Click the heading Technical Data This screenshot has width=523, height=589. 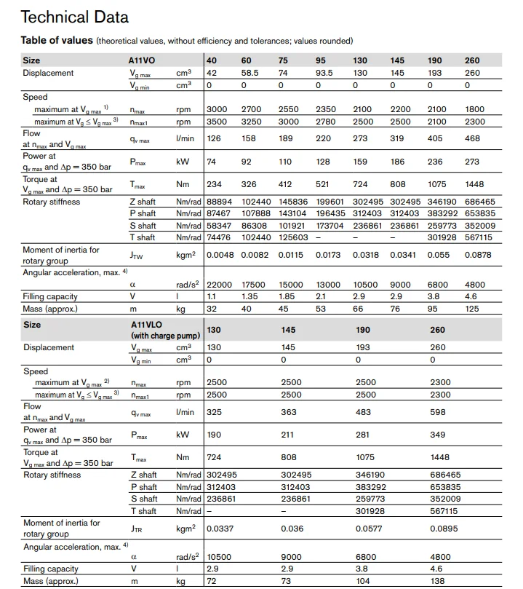pyautogui.click(x=75, y=17)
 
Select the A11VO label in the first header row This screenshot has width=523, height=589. pyautogui.click(x=142, y=60)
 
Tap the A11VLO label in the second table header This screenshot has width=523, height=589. pyautogui.click(x=148, y=324)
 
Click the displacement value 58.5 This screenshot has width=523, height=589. pyautogui.click(x=251, y=73)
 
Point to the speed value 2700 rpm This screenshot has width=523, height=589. pyautogui.click(x=251, y=109)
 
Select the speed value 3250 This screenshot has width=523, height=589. pyautogui.click(x=251, y=122)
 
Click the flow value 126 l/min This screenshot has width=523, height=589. pyautogui.click(x=213, y=138)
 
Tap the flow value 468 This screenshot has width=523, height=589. pyautogui.click(x=473, y=138)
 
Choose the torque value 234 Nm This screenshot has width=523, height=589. pyautogui.click(x=213, y=185)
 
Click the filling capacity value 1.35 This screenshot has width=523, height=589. pyautogui.click(x=249, y=297)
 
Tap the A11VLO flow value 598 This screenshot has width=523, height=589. pyautogui.click(x=439, y=413)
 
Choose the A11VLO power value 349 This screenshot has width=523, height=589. pyautogui.click(x=439, y=436)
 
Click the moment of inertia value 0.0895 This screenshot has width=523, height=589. pyautogui.click(x=444, y=529)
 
